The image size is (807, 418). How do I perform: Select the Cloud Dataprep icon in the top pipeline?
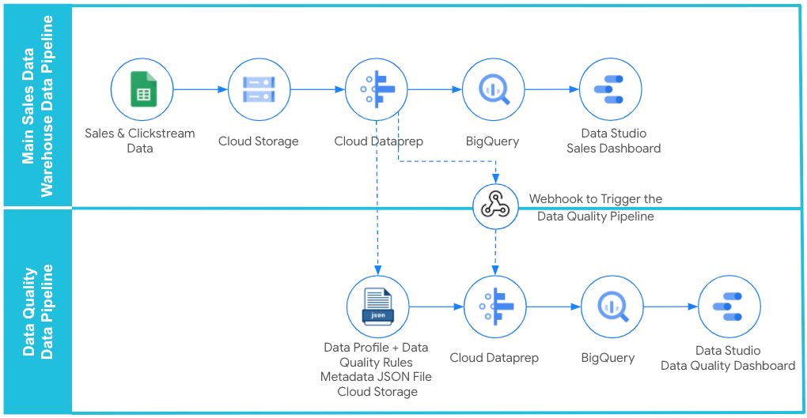pyautogui.click(x=377, y=89)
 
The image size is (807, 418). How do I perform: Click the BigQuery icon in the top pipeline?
pyautogui.click(x=494, y=89)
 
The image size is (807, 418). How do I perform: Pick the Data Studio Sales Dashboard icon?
pyautogui.click(x=611, y=89)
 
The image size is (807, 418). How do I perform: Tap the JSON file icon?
pyautogui.click(x=377, y=307)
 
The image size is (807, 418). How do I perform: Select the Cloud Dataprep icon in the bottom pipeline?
pyautogui.click(x=494, y=307)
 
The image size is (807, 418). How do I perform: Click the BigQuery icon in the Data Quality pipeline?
pyautogui.click(x=612, y=307)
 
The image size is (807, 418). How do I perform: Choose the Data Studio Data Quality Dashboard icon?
pyautogui.click(x=729, y=307)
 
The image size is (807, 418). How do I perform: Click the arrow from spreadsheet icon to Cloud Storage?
pyautogui.click(x=200, y=89)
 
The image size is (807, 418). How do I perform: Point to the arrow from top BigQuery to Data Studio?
pyautogui.click(x=552, y=89)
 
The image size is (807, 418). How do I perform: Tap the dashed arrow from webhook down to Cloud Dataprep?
pyautogui.click(x=495, y=251)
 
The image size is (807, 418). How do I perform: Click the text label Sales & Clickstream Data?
pyautogui.click(x=140, y=141)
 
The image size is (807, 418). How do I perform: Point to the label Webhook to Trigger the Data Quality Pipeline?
pyautogui.click(x=596, y=208)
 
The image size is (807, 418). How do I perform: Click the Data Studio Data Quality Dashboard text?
pyautogui.click(x=728, y=358)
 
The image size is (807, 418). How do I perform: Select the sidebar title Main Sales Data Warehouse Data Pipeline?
pyautogui.click(x=37, y=107)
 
